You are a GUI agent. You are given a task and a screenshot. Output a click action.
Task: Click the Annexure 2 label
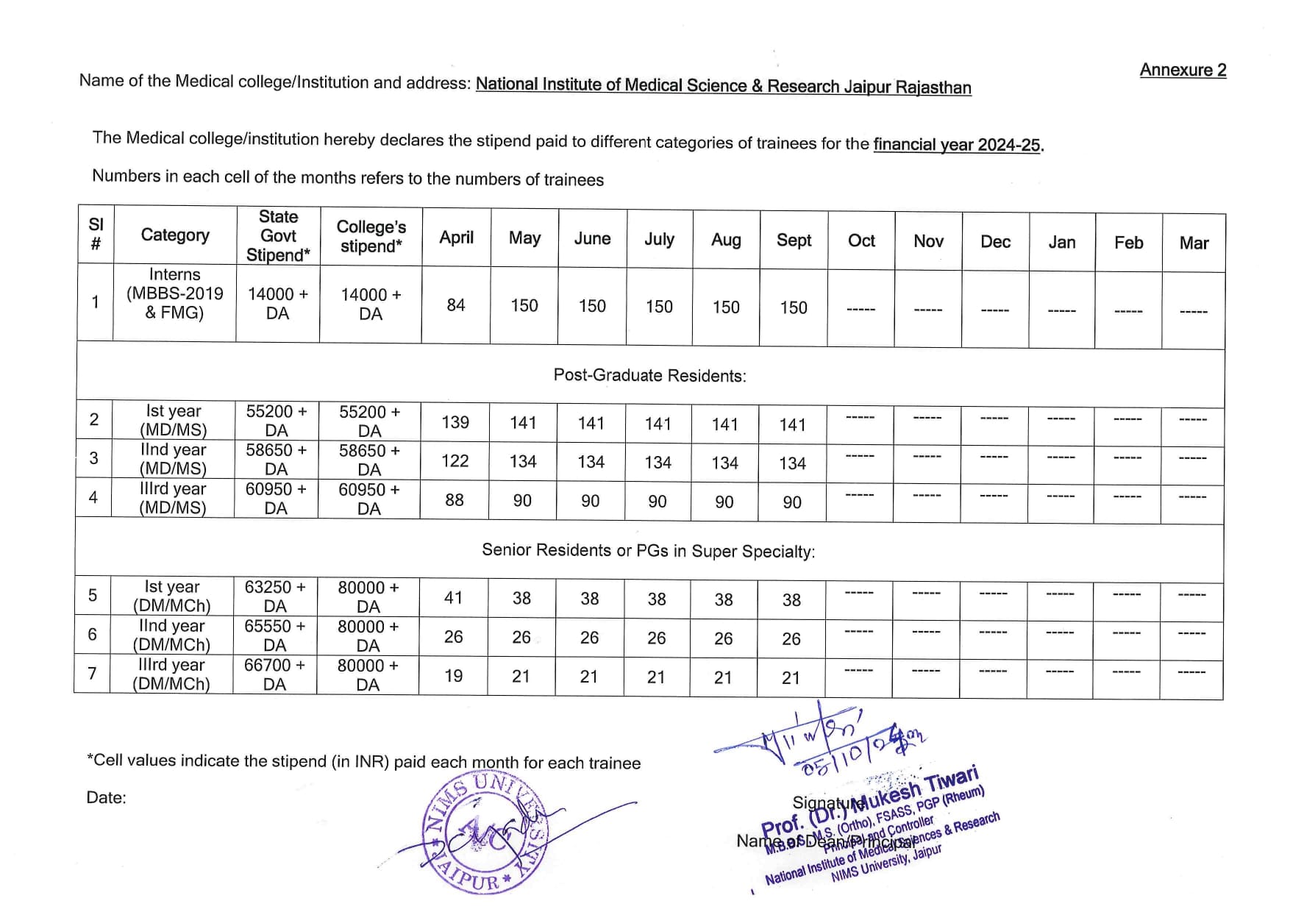click(x=1183, y=70)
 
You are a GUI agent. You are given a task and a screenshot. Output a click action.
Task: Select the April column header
click(x=456, y=238)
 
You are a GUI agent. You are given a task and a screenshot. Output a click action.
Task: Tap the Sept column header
click(x=794, y=241)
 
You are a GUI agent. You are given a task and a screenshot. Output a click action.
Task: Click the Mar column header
click(x=1194, y=243)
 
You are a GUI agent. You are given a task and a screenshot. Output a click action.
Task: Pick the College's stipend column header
click(x=371, y=236)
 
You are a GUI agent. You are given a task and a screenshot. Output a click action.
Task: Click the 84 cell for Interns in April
click(x=456, y=305)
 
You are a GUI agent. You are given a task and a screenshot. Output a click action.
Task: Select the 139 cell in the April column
click(x=455, y=422)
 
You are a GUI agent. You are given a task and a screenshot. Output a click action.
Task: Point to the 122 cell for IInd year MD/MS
click(x=455, y=461)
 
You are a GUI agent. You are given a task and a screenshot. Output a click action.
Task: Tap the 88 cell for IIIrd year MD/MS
click(x=455, y=500)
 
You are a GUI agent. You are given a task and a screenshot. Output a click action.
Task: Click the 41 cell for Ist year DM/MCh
click(x=454, y=598)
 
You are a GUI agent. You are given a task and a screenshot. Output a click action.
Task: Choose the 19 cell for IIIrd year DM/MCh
click(x=454, y=676)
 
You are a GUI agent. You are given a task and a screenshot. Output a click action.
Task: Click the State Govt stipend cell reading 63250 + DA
click(x=275, y=596)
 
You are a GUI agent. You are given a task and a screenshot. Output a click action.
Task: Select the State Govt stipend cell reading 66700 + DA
click(x=274, y=674)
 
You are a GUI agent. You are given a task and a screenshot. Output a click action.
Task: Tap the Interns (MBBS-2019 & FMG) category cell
click(x=175, y=293)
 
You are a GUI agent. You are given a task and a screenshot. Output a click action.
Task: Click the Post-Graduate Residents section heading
click(x=649, y=376)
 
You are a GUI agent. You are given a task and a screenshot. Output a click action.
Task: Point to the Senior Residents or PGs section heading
click(x=648, y=551)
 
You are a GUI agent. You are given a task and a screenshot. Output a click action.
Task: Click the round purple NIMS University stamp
click(x=486, y=834)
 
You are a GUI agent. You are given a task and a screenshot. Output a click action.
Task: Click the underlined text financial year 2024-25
click(x=957, y=144)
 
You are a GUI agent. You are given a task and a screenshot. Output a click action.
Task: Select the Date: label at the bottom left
click(x=106, y=798)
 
